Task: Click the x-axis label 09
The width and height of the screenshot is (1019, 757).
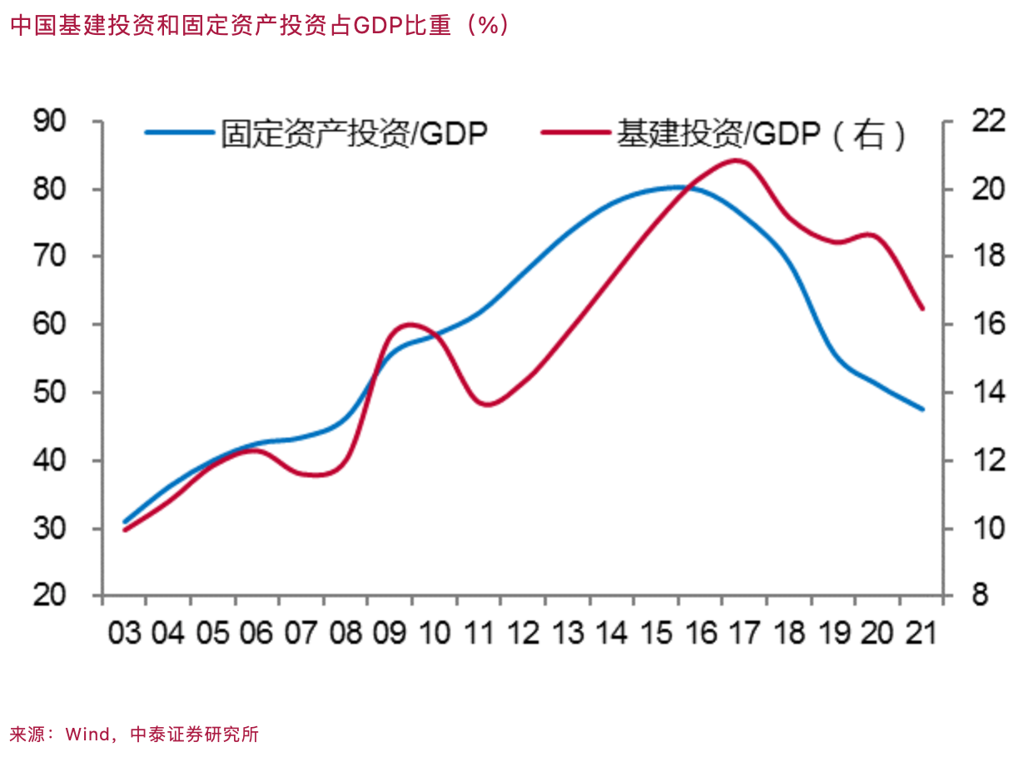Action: click(389, 634)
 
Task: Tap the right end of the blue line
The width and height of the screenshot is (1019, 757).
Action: click(922, 409)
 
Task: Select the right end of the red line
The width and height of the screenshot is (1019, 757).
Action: click(922, 309)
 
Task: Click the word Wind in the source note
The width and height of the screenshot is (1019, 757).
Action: click(87, 734)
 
